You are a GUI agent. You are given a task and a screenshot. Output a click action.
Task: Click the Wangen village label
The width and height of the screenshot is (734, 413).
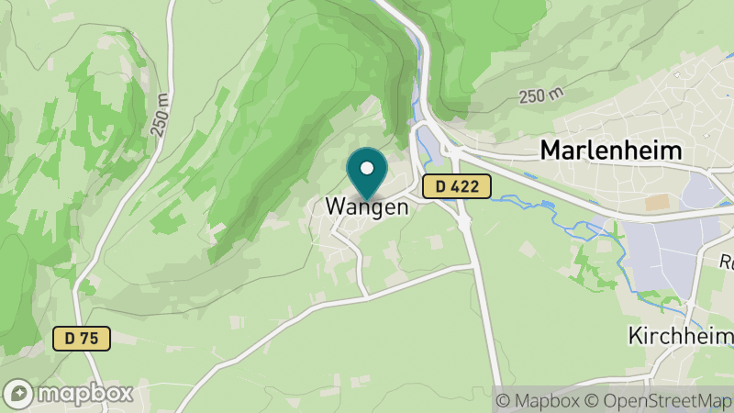[x=366, y=207]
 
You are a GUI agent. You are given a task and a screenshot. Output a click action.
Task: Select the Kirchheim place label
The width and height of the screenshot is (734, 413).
[x=679, y=336]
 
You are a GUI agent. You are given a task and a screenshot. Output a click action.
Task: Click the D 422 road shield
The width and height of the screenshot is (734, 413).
[x=457, y=186]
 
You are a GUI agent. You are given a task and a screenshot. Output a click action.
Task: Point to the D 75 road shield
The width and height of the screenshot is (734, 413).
[x=81, y=339]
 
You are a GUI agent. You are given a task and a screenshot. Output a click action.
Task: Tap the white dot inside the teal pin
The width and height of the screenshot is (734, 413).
[x=367, y=168]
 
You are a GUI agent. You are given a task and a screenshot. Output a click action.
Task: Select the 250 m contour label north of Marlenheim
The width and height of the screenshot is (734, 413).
[x=540, y=96]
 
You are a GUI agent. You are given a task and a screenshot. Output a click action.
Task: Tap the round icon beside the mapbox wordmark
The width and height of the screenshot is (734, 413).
[x=18, y=394]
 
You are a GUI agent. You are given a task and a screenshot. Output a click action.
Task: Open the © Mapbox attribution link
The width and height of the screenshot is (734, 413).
[x=539, y=400]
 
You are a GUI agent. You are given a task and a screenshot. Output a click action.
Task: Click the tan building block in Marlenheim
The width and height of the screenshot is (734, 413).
[x=657, y=202]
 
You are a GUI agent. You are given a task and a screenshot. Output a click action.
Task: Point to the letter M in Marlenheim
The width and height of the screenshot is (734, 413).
[x=550, y=151]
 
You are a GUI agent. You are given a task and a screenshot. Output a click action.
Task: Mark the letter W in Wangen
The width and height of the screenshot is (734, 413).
[x=335, y=207]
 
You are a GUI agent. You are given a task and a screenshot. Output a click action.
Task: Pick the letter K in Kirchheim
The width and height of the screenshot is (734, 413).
[x=635, y=336]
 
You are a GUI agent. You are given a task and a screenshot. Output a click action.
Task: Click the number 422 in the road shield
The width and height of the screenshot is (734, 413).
[x=464, y=186]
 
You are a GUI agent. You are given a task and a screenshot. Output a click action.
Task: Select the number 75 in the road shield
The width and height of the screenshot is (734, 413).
[x=89, y=339]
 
